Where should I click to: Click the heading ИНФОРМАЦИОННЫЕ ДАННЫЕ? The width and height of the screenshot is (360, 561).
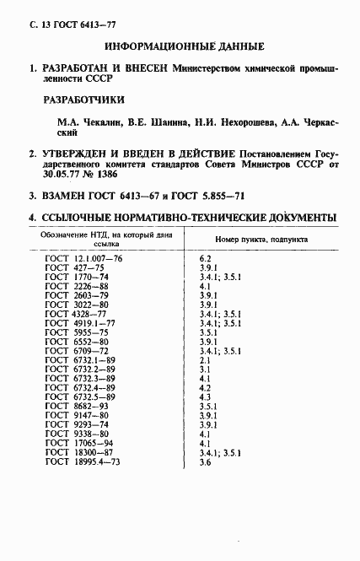point(184,46)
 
